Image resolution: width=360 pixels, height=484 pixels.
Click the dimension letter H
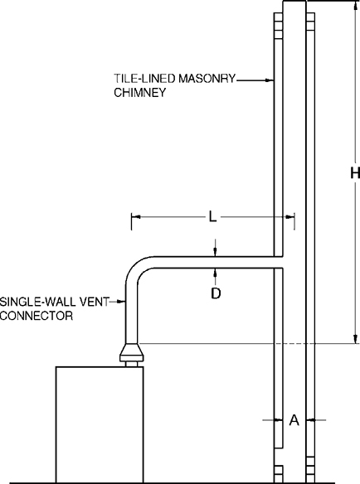pyautogui.click(x=353, y=173)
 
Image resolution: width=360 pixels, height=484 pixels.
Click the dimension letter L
pyautogui.click(x=212, y=217)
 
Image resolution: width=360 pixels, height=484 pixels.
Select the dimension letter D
pyautogui.click(x=215, y=293)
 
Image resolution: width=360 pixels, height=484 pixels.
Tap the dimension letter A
pyautogui.click(x=294, y=420)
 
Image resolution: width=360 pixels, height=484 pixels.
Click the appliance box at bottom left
pyautogui.click(x=100, y=423)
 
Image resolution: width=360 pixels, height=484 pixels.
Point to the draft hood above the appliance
pyautogui.click(x=131, y=353)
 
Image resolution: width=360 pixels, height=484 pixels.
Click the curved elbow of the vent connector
pyautogui.click(x=138, y=269)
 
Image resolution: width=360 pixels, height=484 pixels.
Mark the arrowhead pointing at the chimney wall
pyautogui.click(x=270, y=80)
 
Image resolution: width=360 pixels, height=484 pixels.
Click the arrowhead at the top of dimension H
pyautogui.click(x=355, y=6)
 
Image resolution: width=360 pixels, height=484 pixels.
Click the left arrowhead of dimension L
pyautogui.click(x=135, y=217)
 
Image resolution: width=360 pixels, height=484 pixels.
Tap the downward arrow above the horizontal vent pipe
pyautogui.click(x=215, y=252)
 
